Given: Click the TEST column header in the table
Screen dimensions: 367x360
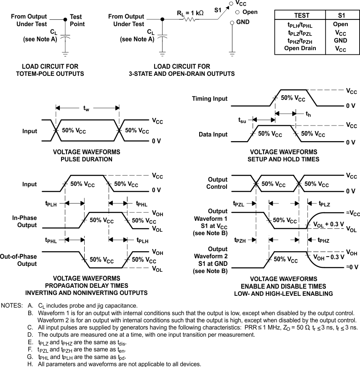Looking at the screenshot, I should click(301, 15).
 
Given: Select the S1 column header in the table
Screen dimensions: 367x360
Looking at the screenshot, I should click(341, 15).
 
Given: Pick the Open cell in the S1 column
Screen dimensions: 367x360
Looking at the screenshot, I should click(341, 24).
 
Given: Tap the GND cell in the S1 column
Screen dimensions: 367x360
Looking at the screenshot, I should click(341, 40).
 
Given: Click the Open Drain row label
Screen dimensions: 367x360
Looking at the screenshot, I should click(300, 48).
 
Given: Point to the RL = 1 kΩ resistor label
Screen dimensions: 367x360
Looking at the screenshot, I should click(190, 13).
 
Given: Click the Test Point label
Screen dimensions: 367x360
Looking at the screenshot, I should click(77, 21).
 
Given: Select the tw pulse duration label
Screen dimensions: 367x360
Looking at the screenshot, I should click(86, 109).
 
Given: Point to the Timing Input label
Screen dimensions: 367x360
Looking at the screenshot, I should click(210, 99).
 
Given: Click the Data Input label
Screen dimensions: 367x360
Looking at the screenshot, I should click(213, 134).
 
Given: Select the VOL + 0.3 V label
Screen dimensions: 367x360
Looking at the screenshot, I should click(329, 225).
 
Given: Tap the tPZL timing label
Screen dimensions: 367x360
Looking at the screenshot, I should click(239, 204).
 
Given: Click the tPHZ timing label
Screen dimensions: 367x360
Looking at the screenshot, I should click(324, 240).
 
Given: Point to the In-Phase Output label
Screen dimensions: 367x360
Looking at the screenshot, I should click(24, 221).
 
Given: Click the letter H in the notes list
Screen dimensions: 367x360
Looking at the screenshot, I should click(30, 364).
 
